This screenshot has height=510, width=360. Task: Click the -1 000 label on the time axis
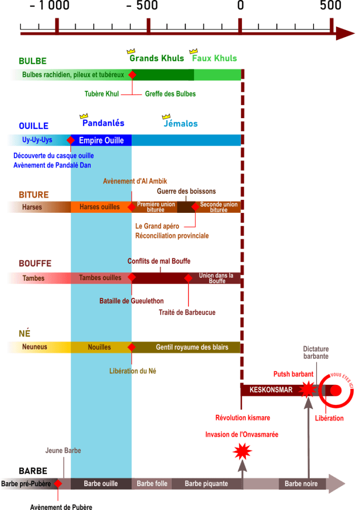49,6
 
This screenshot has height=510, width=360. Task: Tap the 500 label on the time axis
331,6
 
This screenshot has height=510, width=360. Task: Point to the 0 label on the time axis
240,6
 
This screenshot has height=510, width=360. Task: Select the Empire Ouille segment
101,141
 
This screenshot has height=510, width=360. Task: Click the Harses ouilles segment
100,207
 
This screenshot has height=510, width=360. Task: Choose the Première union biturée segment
156,207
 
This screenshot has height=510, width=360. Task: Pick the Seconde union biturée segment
219,207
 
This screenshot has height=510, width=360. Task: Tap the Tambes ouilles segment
100,278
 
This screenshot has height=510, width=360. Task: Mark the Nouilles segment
100,347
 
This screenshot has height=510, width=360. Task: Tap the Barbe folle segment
152,484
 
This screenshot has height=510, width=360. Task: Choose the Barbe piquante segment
206,484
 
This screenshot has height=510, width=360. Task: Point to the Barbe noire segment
301,484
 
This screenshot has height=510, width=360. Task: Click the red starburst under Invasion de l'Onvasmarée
242,451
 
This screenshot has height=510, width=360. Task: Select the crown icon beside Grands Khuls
131,51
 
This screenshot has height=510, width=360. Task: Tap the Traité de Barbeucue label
187,313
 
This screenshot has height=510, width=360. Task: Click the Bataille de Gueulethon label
132,301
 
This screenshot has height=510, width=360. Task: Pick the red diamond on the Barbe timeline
58,484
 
